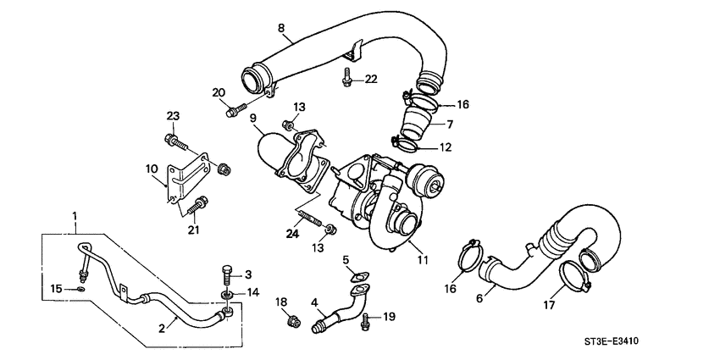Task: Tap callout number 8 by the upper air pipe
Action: (281, 27)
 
